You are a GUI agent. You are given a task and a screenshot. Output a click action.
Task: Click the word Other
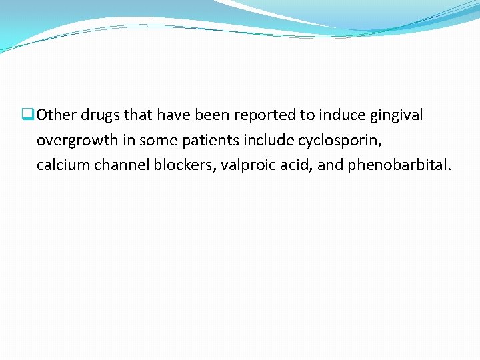coord(57,115)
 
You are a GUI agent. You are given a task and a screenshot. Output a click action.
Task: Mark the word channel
coord(121,165)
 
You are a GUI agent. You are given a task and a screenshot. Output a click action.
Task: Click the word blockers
coord(183,165)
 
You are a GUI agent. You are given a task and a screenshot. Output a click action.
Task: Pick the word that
coord(139,115)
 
